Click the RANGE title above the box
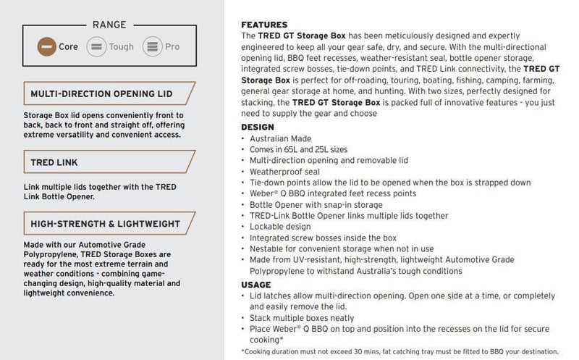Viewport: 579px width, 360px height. coord(109,24)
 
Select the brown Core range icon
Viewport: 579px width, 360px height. coord(47,47)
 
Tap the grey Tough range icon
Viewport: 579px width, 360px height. coord(96,47)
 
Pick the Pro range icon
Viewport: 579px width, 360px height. coord(153,47)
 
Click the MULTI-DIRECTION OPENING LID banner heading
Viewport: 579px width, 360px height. coord(102,94)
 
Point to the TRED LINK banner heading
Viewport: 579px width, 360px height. coord(54,162)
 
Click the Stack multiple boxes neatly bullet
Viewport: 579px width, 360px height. coord(302,318)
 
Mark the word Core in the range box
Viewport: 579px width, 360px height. coord(69,47)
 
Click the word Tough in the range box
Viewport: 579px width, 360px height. coord(121,47)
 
